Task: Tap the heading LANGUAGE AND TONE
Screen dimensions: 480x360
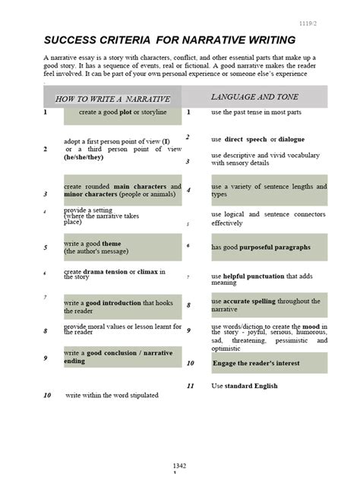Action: (x=254, y=97)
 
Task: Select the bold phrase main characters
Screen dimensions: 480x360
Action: (x=130, y=186)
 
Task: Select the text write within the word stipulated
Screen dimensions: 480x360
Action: (x=112, y=396)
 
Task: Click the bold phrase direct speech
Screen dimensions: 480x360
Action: (x=248, y=140)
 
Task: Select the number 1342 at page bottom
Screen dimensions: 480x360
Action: (x=179, y=466)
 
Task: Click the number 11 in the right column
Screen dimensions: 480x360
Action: (x=191, y=387)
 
